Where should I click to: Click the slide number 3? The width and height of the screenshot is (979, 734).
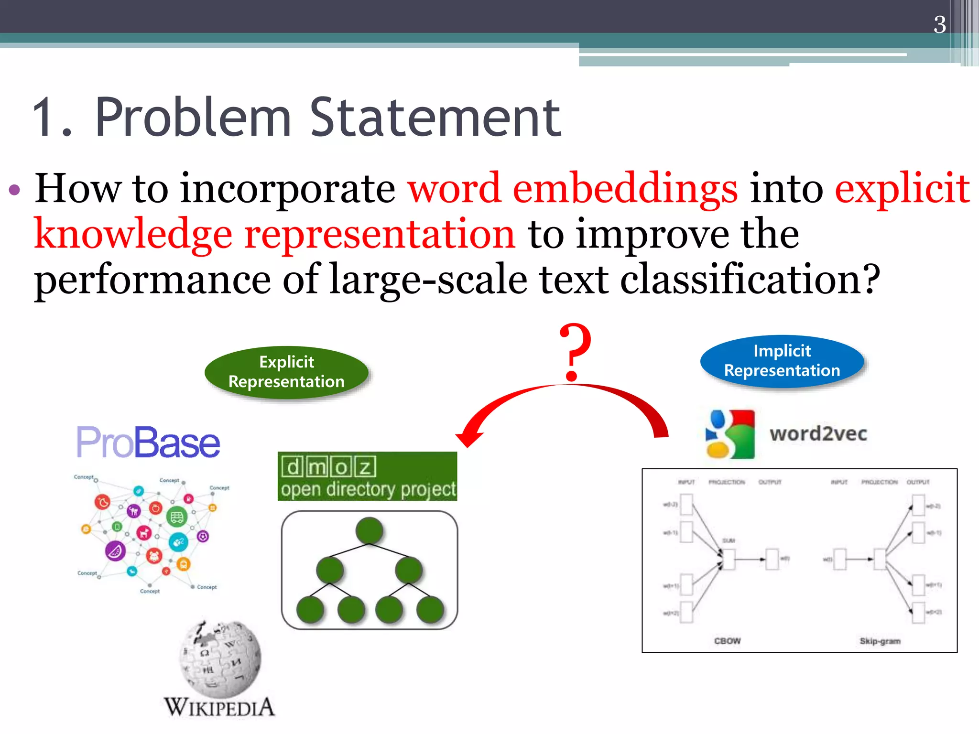[939, 24]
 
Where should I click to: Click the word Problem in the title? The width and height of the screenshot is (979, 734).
[194, 118]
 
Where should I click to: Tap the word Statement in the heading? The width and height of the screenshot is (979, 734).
[435, 118]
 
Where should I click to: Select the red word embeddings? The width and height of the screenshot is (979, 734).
[625, 189]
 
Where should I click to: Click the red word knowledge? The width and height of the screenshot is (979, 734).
[133, 234]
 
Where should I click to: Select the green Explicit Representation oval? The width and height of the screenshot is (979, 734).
[286, 372]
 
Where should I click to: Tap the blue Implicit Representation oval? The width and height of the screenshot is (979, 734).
[782, 361]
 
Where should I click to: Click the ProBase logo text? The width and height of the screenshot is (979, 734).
[148, 443]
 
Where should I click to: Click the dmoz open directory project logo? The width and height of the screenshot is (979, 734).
[367, 476]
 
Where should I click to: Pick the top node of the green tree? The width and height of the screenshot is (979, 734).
[369, 530]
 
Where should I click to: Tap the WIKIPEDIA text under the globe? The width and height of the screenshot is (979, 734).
[219, 708]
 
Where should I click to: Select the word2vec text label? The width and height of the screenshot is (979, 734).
[818, 434]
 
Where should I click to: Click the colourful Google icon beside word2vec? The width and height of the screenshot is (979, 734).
[730, 434]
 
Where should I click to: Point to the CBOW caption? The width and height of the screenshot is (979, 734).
[727, 641]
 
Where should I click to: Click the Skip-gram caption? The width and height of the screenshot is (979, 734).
[880, 641]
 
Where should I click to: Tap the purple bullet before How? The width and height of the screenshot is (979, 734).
[15, 190]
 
